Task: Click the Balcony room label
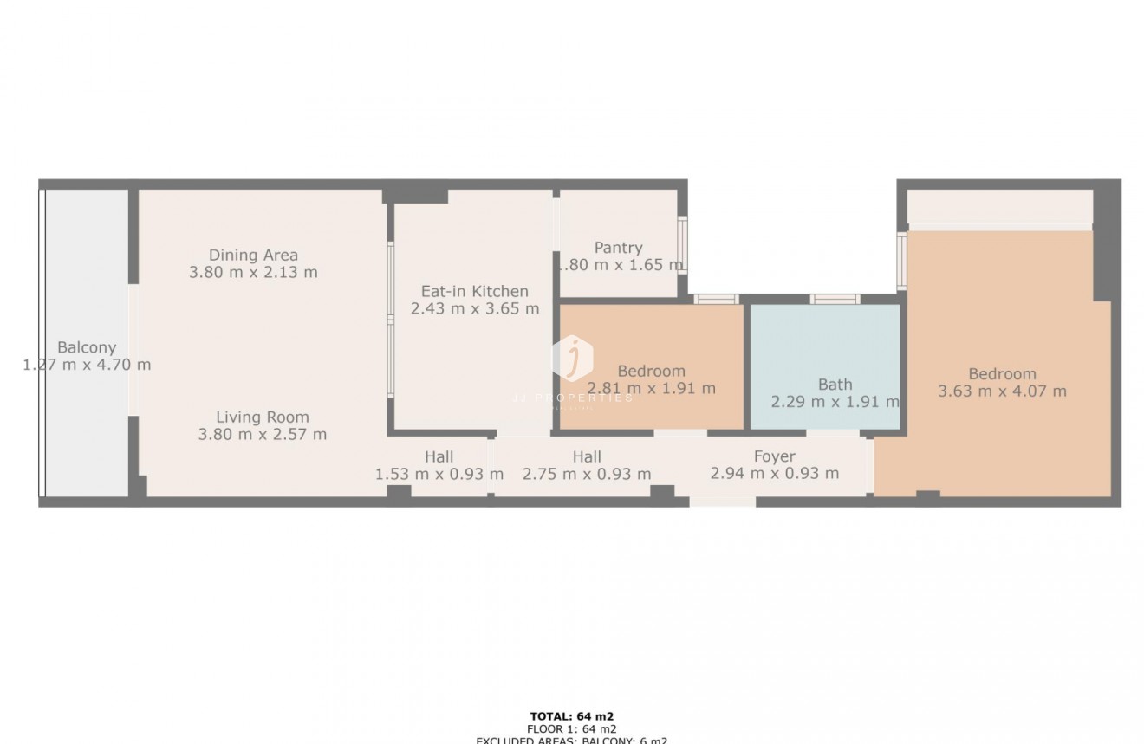pos(87,348)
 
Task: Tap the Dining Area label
pos(253,255)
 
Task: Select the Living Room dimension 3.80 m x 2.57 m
pos(263,434)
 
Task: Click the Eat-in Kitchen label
pos(474,291)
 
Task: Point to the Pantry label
pos(618,248)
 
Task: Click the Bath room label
pos(835,385)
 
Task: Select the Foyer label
pos(774,456)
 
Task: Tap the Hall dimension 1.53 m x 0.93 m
pos(439,474)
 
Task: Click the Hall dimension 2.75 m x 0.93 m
pos(587,474)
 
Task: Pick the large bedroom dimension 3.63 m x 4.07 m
pos(1002,391)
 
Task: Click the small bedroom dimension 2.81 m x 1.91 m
pos(652,388)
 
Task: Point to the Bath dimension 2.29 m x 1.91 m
pos(835,402)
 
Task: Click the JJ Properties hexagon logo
pos(572,358)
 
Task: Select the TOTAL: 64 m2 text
pos(571,716)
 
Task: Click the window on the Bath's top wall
pos(835,300)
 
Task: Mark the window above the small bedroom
pos(716,300)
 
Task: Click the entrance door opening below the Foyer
pos(723,501)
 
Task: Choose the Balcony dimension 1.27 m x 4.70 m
pos(87,365)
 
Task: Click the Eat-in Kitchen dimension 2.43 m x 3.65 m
pos(474,308)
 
